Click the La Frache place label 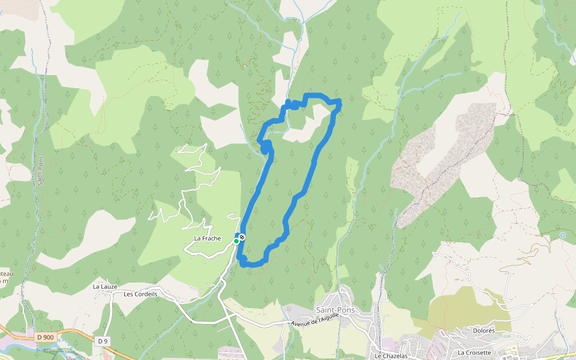coord(208,239)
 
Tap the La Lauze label coord(105,287)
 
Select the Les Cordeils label coord(140,294)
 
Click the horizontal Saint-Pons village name coord(334,310)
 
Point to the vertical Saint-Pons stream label coord(41,171)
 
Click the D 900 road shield coord(44,337)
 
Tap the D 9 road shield coord(102,341)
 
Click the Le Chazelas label coord(391,355)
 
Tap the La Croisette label coord(474,352)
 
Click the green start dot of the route coord(236,241)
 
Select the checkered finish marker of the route coord(242,238)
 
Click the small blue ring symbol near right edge coord(562,235)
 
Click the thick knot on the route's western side coord(266,146)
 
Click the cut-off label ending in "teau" coord(6,273)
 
